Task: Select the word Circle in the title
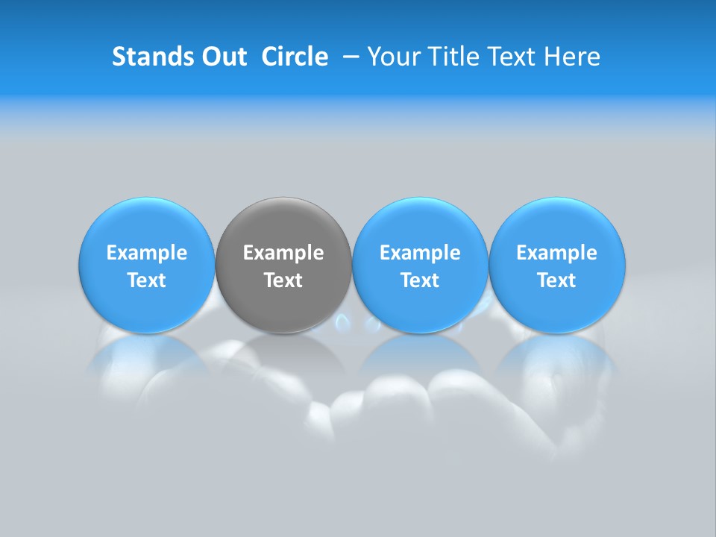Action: point(295,57)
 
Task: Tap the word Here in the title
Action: point(573,57)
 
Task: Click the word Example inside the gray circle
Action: point(283,253)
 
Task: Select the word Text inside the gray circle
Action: point(283,280)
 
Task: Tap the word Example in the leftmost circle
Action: point(147,253)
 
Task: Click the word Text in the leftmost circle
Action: point(147,280)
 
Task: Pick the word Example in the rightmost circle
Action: point(557,253)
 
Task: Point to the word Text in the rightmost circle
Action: point(557,280)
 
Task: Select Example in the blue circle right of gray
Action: point(420,253)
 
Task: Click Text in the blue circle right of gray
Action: point(420,280)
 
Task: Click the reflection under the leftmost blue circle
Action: point(147,354)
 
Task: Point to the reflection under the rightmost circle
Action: point(557,354)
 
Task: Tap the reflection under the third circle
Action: point(420,354)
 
